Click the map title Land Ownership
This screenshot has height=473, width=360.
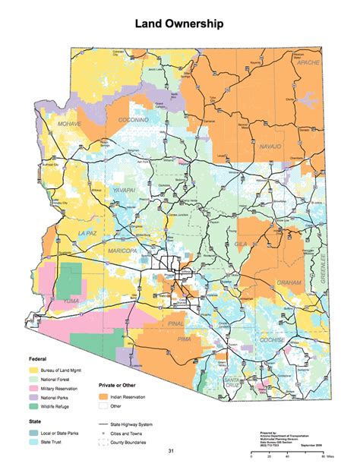tap(179, 24)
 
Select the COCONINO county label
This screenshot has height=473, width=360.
tap(133, 121)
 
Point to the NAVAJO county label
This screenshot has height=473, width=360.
tap(270, 145)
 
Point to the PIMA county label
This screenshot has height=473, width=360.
tap(184, 338)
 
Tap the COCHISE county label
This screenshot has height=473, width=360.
tap(272, 340)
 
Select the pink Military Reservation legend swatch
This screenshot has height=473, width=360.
tap(34, 386)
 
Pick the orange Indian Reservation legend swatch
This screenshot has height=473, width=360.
tap(105, 397)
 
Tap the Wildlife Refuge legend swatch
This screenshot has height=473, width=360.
tap(34, 406)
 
